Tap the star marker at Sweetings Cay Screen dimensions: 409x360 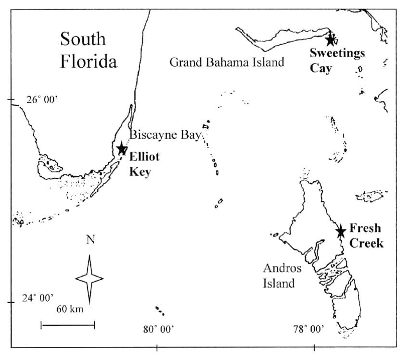point(330,39)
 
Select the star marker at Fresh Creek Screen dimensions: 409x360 point(341,232)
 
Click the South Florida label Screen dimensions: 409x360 point(89,50)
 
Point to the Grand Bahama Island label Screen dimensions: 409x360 point(227,62)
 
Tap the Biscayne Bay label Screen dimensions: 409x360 point(164,135)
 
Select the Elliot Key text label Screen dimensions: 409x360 point(144,164)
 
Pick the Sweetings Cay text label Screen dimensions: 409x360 point(337,60)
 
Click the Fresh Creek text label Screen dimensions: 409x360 point(366,236)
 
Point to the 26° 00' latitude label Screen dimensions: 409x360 point(42,100)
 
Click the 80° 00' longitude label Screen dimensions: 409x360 point(158,329)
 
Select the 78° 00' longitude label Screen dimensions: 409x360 point(309,329)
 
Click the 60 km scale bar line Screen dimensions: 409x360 point(68,325)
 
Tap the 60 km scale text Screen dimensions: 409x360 point(70,309)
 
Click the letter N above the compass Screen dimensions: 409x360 point(90,240)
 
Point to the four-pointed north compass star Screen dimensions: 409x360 point(89,278)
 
